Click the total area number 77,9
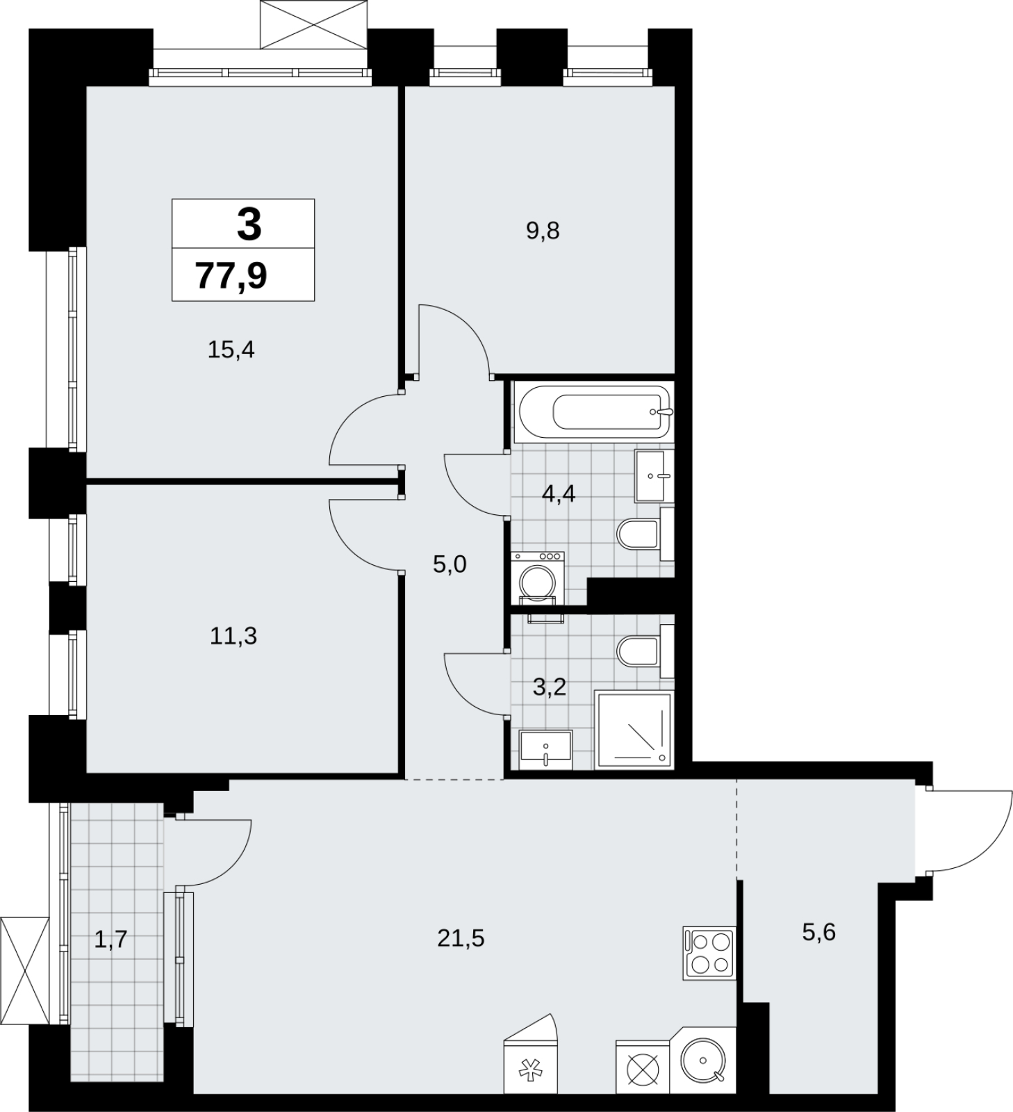[231, 276]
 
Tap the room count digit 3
[249, 224]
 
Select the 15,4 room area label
[231, 350]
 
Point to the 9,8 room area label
[543, 230]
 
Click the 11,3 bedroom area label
[233, 635]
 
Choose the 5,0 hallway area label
[450, 564]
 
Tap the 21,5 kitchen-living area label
[461, 938]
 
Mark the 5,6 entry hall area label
[818, 932]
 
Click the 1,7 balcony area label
[110, 940]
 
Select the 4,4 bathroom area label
[559, 495]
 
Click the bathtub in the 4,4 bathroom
[593, 413]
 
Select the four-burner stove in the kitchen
[709, 954]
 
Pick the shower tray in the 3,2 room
[634, 730]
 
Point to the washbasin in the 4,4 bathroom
[654, 476]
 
